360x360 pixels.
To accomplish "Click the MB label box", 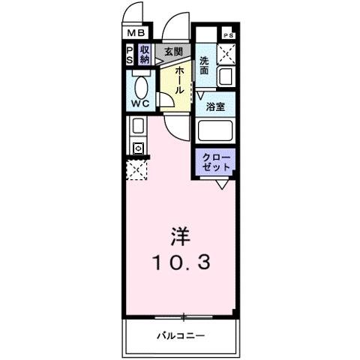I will pyautogui.click(x=136, y=33).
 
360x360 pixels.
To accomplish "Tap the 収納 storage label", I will pyautogui.click(x=144, y=54).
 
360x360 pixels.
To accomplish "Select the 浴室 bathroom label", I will pyautogui.click(x=216, y=106).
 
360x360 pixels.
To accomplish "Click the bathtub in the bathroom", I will pyautogui.click(x=216, y=130).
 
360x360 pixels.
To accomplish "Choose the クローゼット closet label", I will pyautogui.click(x=216, y=160).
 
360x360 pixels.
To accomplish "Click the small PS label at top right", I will pyautogui.click(x=228, y=35).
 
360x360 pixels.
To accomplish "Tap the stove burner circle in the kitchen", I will pyautogui.click(x=138, y=148).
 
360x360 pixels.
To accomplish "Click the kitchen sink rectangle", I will pyautogui.click(x=138, y=126).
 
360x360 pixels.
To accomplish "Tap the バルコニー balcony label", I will pyautogui.click(x=181, y=336).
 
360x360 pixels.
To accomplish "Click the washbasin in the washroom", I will pyautogui.click(x=226, y=76).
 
